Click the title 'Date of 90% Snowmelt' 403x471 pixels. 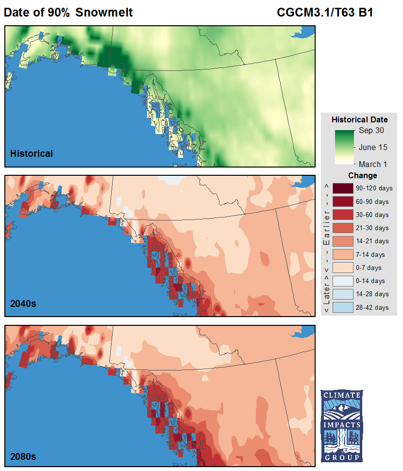coord(68,13)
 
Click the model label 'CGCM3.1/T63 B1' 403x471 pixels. coord(325,13)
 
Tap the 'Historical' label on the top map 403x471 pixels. coord(32,154)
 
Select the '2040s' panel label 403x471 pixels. coord(23,304)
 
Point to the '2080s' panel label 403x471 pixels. coord(23,456)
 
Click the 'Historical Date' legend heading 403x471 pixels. coord(359,119)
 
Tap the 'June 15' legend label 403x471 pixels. coord(373,147)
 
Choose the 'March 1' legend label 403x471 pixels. coord(372,164)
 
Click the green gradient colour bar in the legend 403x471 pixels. coord(345,147)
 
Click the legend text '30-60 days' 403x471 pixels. coord(372,215)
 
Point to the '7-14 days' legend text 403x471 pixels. coord(370,254)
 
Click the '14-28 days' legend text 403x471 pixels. coord(372,294)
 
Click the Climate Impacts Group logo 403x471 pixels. coord(341,426)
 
